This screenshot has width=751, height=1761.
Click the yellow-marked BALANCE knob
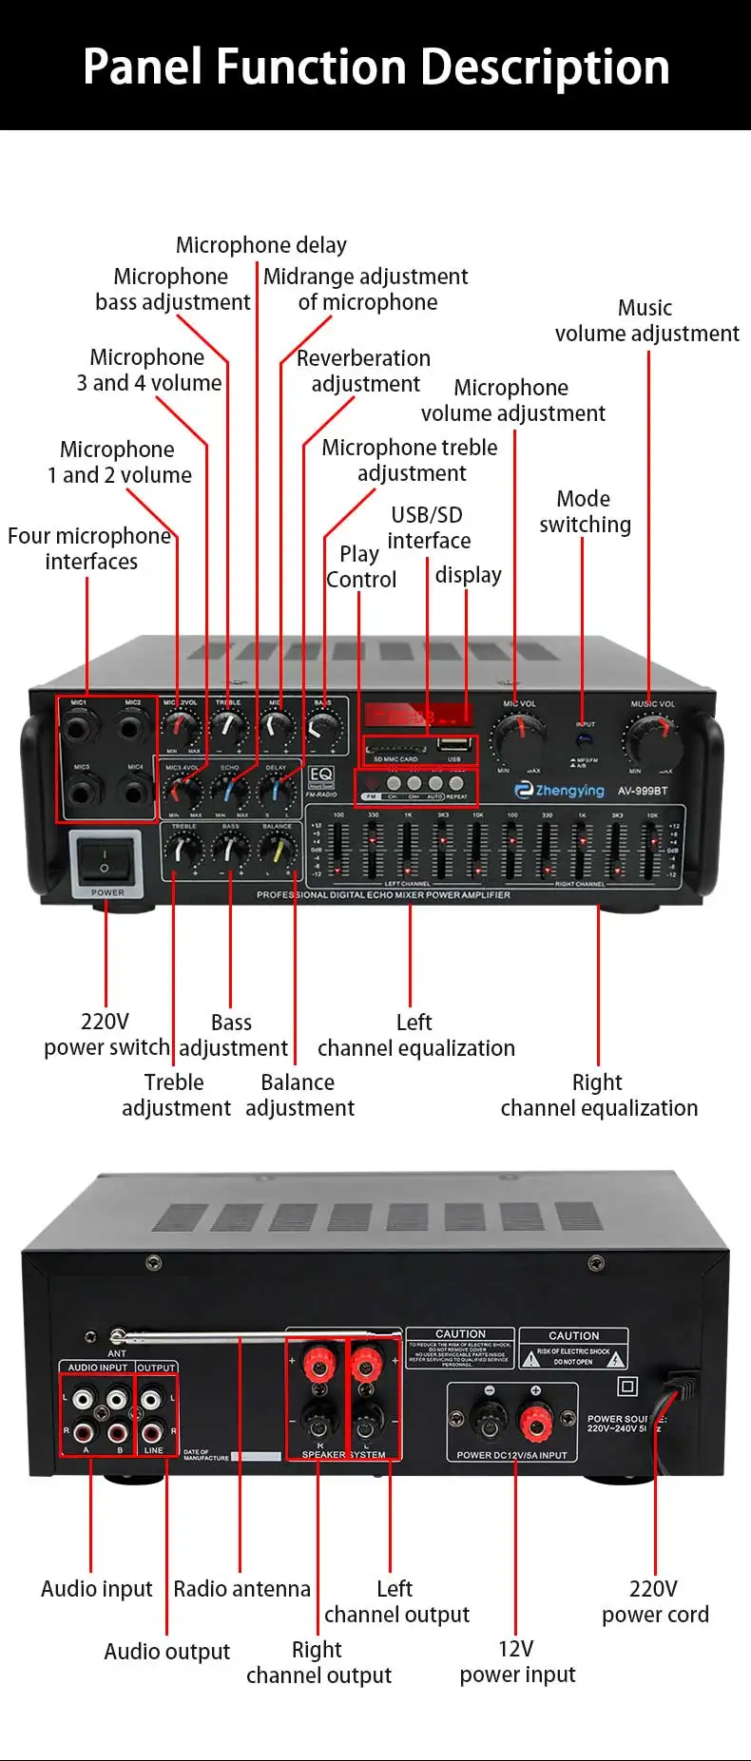(x=279, y=849)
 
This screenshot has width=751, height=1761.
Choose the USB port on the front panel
(x=454, y=745)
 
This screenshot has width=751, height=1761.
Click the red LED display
(x=418, y=716)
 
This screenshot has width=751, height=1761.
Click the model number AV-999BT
(x=643, y=791)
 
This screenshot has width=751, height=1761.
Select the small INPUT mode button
(x=585, y=739)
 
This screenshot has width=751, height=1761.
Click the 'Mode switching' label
(x=585, y=511)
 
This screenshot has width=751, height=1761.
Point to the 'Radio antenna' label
(x=241, y=1589)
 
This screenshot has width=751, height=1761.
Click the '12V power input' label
(x=517, y=1661)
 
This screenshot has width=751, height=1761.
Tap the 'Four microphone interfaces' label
(x=89, y=548)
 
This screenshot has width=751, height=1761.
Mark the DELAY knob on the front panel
(x=276, y=790)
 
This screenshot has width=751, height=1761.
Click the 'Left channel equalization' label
(x=415, y=1035)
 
